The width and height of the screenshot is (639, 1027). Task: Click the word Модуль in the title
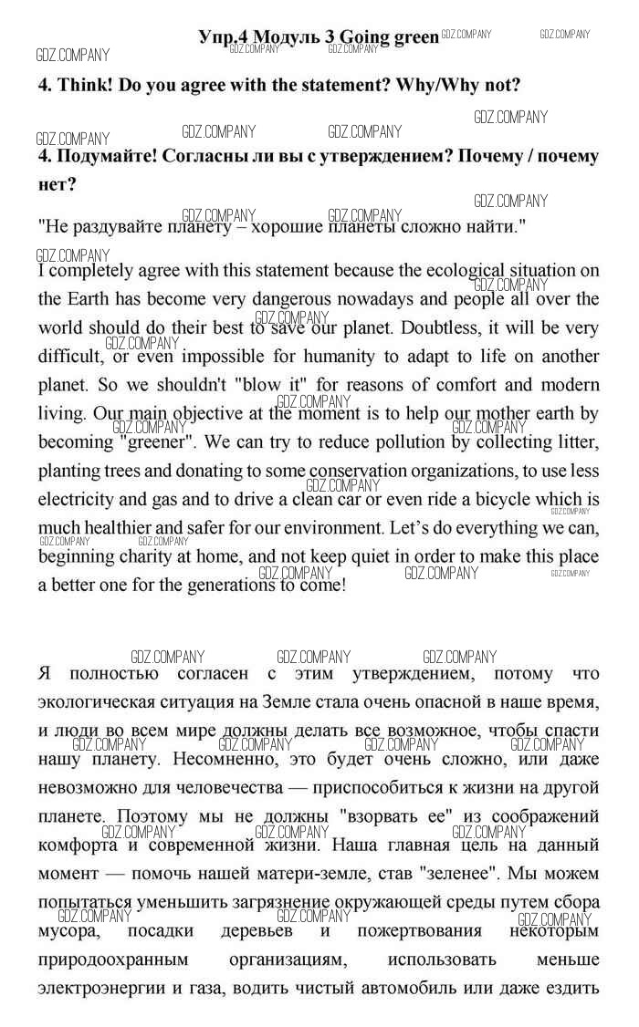coord(277,37)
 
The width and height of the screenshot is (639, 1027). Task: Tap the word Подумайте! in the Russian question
coord(104,156)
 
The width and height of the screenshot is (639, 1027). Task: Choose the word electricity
coord(80,500)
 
